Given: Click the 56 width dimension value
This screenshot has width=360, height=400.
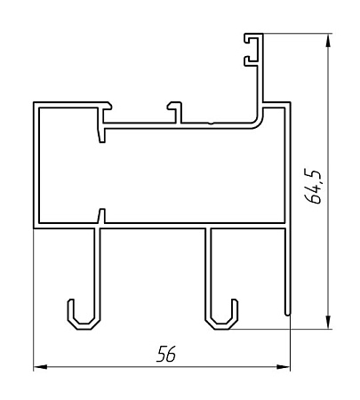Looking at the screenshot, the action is pyautogui.click(x=166, y=354).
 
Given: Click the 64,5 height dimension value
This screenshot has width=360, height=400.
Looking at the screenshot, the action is pyautogui.click(x=313, y=187).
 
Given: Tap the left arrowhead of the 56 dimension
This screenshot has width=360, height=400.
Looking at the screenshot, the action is pyautogui.click(x=40, y=367).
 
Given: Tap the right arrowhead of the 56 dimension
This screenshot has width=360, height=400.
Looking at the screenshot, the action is pyautogui.click(x=283, y=367).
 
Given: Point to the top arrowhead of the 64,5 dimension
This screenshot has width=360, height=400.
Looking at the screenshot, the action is pyautogui.click(x=328, y=40).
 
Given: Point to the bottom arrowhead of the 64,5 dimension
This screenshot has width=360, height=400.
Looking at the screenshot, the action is pyautogui.click(x=328, y=322).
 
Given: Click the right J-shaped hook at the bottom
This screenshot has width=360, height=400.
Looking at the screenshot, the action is pyautogui.click(x=221, y=317).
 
